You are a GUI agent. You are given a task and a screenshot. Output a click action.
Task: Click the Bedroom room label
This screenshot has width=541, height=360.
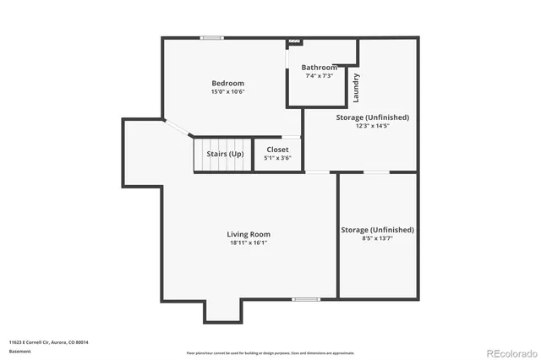(227, 83)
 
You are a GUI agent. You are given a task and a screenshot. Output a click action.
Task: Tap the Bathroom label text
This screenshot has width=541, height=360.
(319, 68)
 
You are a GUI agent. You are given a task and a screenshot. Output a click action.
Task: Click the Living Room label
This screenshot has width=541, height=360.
(249, 234)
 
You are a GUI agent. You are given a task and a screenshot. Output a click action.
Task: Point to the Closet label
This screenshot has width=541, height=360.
(277, 150)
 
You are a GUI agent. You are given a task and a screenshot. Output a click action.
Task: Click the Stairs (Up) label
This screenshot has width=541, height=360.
(225, 154)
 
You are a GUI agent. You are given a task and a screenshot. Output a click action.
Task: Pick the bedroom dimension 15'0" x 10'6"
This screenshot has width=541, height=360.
(227, 91)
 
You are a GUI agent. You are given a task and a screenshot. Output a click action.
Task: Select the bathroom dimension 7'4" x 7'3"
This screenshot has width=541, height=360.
(319, 75)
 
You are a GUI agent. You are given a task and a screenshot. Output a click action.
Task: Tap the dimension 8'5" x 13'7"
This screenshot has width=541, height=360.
(377, 238)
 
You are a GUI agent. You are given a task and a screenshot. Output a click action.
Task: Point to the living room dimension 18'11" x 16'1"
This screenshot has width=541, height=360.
(249, 243)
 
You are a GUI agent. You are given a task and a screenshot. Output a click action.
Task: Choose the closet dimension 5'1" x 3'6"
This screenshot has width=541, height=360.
(277, 157)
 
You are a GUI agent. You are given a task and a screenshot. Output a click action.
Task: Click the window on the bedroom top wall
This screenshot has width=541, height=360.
(211, 37)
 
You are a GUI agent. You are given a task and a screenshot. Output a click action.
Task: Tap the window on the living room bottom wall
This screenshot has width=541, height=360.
(305, 299)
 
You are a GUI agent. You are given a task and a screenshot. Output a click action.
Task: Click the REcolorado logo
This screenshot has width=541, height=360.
(507, 352)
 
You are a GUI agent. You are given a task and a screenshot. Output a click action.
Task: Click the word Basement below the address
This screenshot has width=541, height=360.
(19, 351)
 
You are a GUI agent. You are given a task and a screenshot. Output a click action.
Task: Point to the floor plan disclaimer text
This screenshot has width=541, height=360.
(270, 353)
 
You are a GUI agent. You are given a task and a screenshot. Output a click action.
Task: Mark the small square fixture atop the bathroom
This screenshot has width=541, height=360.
(294, 41)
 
